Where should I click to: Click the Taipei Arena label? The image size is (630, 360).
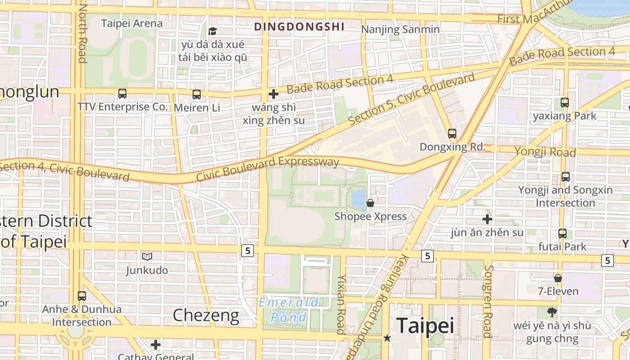click(x=132, y=23)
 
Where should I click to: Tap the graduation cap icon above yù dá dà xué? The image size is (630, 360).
click(x=212, y=31)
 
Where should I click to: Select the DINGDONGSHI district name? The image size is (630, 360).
click(x=299, y=27)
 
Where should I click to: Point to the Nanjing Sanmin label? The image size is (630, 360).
click(x=400, y=30)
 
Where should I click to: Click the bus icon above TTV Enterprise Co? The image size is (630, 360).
click(x=122, y=94)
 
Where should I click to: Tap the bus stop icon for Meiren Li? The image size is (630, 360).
click(x=197, y=94)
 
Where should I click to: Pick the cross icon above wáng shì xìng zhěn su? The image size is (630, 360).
click(x=273, y=94)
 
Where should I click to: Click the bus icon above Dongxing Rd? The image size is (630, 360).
click(x=452, y=134)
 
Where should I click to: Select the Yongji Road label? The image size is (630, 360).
click(x=545, y=151)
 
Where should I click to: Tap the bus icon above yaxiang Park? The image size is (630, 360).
click(x=565, y=103)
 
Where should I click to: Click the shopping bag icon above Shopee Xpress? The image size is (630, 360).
click(x=370, y=203)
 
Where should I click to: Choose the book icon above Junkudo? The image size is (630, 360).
click(x=147, y=256)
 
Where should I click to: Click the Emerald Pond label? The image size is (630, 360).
click(x=288, y=310)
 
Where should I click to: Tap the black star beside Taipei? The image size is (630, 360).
click(x=387, y=337)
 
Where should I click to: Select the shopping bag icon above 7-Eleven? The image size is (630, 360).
click(x=558, y=278)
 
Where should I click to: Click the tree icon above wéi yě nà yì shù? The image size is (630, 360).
click(x=552, y=312)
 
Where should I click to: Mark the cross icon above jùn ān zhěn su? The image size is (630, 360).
click(x=487, y=219)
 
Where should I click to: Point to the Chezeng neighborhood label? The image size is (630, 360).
click(x=206, y=315)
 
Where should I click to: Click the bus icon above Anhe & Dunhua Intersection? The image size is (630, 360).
click(x=81, y=296)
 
